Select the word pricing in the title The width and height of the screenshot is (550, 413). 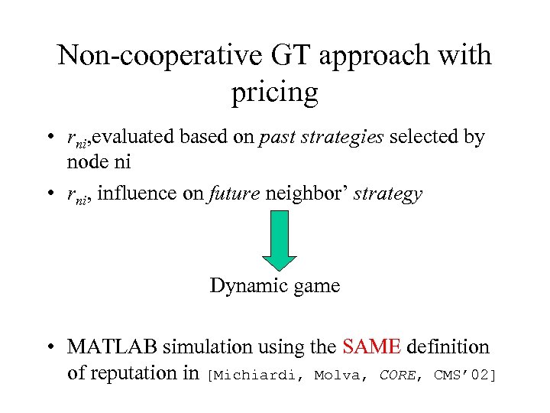click(274, 93)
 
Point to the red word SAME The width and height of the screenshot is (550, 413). click(372, 347)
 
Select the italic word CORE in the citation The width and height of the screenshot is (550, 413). click(397, 374)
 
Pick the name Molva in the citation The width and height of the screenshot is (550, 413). click(340, 374)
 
